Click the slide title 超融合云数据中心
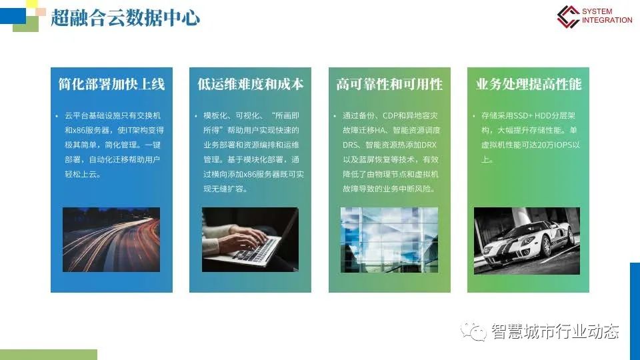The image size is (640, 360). coord(125,18)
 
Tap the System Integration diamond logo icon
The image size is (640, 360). coord(568,16)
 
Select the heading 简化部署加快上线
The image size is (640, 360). coord(111,84)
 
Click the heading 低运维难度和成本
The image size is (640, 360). coord(250,84)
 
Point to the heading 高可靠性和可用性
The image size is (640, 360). coord(389,84)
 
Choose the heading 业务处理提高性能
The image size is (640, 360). coord(529,84)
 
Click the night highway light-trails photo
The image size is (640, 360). coord(111,239)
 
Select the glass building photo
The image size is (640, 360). coord(389,239)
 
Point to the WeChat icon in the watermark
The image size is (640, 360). coord(473,331)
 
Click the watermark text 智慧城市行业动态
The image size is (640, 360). coord(555,331)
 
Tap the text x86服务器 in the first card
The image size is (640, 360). coord(91,130)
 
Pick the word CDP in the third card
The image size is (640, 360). coord(390,115)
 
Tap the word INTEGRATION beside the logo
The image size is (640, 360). coord(607,20)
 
